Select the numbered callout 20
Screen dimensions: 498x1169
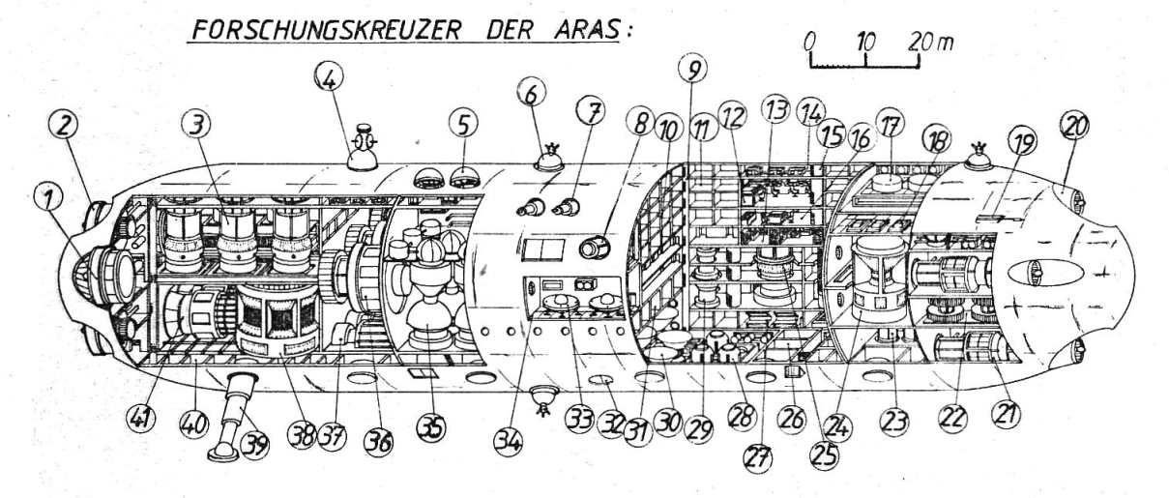point(1072,125)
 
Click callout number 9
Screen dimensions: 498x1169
point(692,69)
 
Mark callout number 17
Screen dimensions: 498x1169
point(888,123)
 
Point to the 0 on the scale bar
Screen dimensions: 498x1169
point(810,43)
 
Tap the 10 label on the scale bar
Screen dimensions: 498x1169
point(866,43)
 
